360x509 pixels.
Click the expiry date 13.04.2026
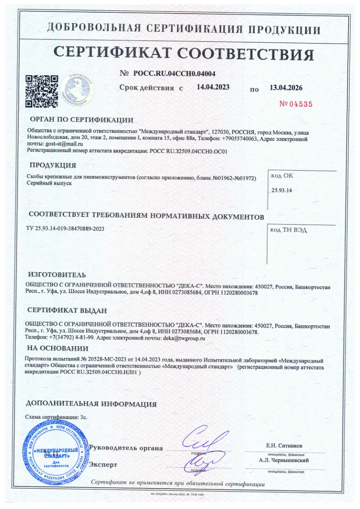tap(286, 88)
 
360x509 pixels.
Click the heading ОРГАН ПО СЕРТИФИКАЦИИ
tap(81, 120)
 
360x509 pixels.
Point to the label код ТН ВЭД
tap(288, 230)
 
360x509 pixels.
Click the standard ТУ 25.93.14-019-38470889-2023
tap(65, 229)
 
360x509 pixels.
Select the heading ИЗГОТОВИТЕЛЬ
tap(57, 275)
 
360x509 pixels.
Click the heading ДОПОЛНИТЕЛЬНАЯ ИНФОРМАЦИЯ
tap(91, 404)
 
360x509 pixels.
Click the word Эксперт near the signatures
tap(103, 465)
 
